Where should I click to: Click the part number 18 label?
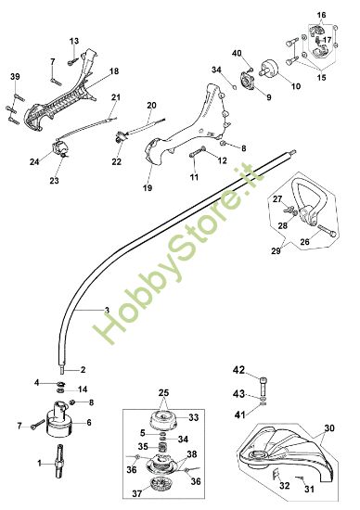(114, 71)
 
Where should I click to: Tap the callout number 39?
(14, 75)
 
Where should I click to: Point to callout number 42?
(238, 370)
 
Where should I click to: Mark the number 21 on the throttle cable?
(116, 97)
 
